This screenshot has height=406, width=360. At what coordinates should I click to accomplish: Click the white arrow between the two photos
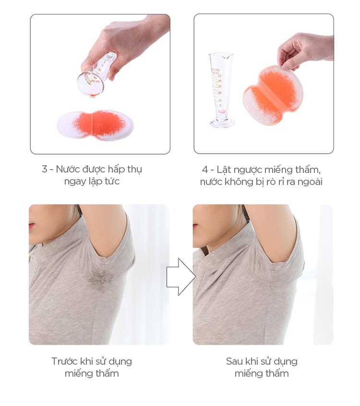tap(181, 277)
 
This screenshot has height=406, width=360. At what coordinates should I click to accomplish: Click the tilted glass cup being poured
tap(97, 75)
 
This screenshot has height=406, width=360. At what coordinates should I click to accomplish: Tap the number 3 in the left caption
tap(45, 169)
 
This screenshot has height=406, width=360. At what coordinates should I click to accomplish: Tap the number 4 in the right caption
tap(205, 170)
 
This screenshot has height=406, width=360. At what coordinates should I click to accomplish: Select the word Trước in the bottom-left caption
tap(64, 361)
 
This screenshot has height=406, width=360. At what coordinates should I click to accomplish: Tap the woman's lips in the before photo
tap(32, 226)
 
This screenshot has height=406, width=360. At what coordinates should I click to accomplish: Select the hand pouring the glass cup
tap(121, 41)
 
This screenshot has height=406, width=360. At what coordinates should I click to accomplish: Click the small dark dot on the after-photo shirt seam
tap(270, 286)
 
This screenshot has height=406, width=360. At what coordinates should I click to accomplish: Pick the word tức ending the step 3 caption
tap(112, 181)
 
